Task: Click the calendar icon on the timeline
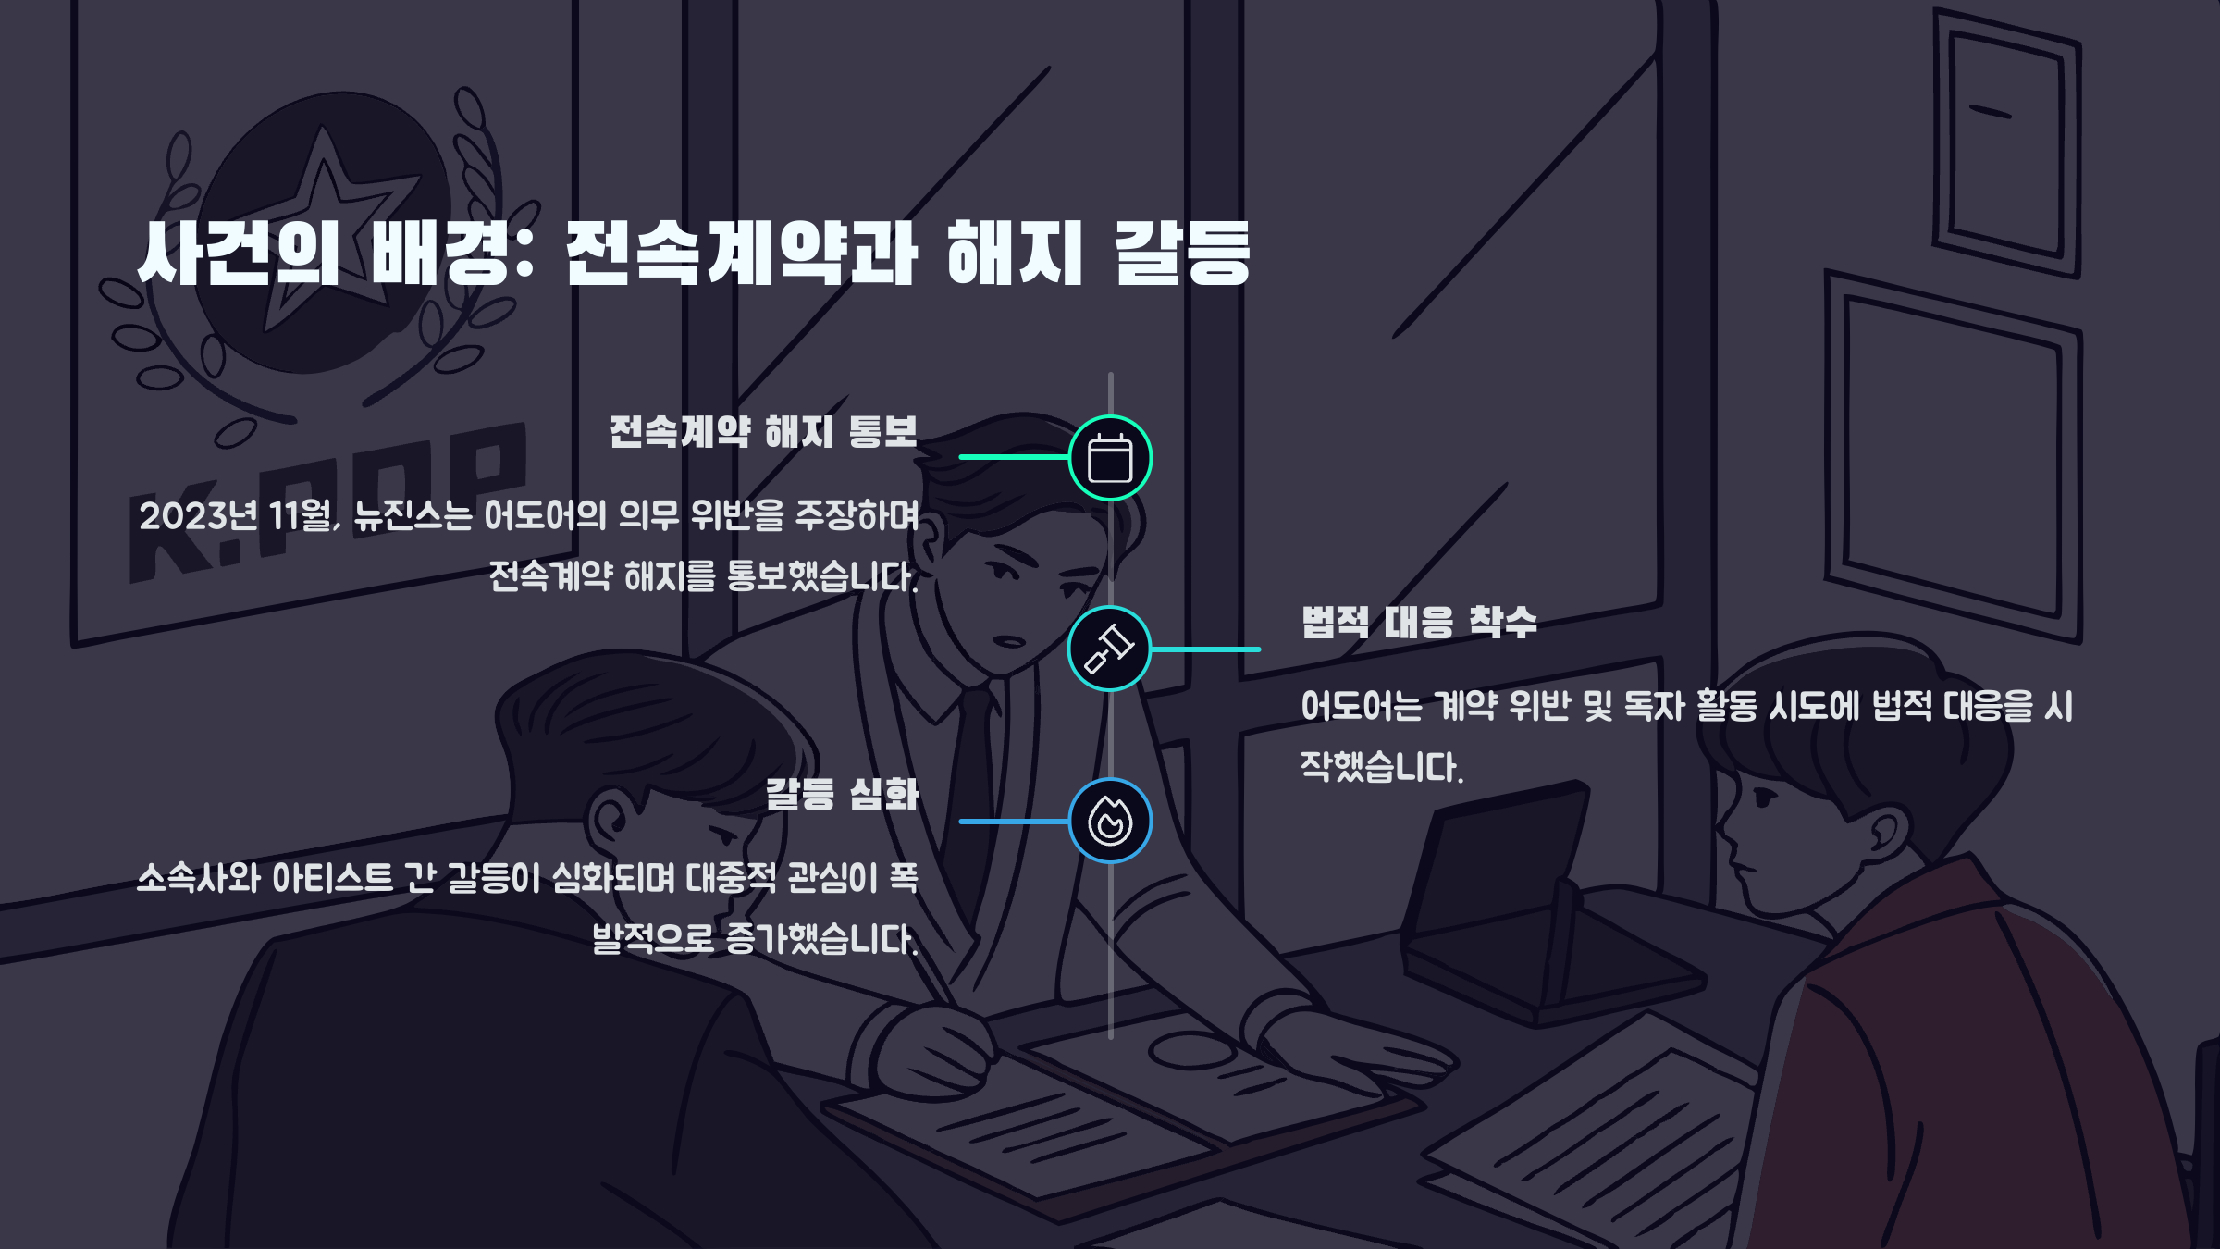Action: pos(1110,458)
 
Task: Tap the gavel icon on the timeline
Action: pos(1109,649)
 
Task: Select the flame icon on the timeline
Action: pos(1110,821)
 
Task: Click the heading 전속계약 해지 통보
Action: pos(763,432)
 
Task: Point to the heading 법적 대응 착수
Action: pos(1419,623)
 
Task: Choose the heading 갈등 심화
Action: pos(842,795)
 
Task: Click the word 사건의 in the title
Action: pos(239,253)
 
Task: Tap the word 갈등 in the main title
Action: pos(1181,253)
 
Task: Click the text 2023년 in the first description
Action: pos(198,516)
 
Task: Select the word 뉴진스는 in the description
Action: pos(413,516)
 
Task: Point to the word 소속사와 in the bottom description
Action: pos(199,878)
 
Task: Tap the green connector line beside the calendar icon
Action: pos(1014,457)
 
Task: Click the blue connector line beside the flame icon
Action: pos(1014,822)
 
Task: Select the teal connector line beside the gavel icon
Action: pos(1205,649)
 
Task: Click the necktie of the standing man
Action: pos(971,786)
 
